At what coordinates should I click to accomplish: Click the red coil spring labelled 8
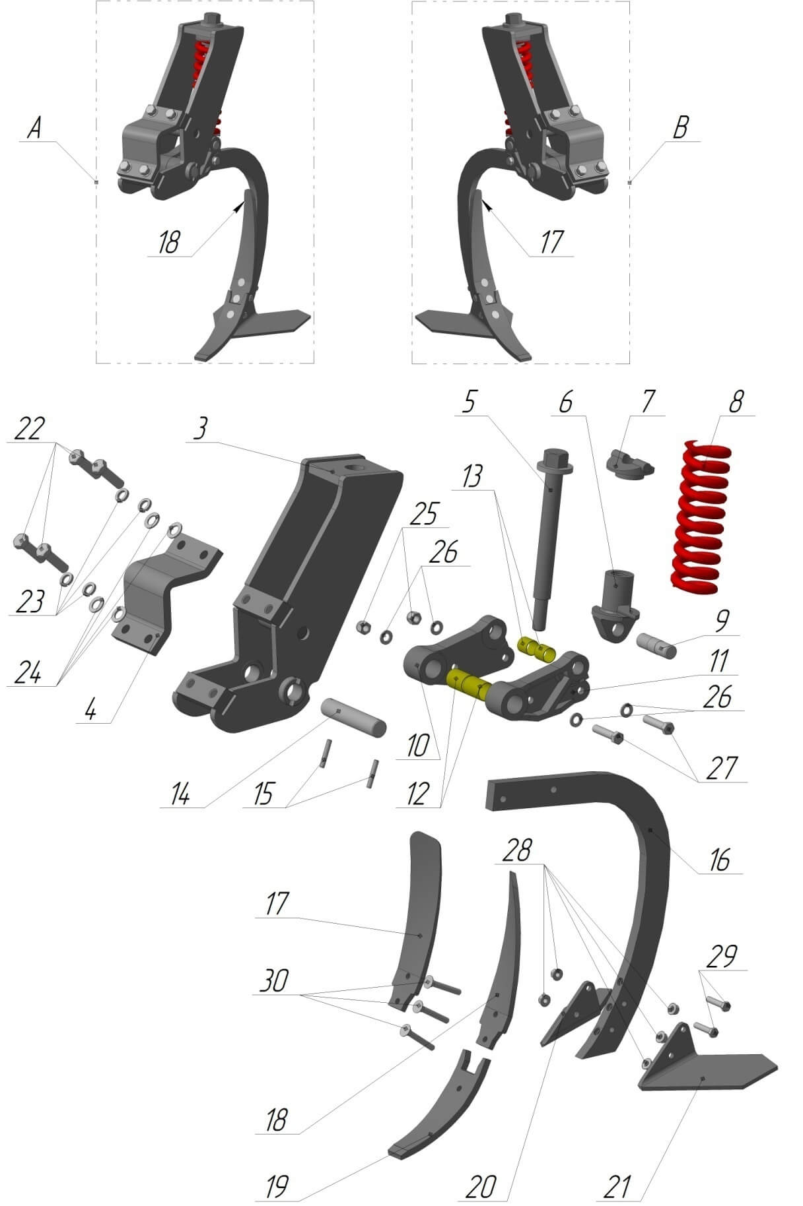pyautogui.click(x=701, y=515)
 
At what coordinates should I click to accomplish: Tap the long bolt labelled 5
pyautogui.click(x=553, y=538)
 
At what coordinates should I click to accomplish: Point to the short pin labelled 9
pyautogui.click(x=657, y=645)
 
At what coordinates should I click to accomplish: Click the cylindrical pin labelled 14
pyautogui.click(x=353, y=717)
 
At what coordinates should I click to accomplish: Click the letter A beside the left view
pyautogui.click(x=34, y=128)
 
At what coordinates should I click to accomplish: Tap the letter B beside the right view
pyautogui.click(x=680, y=128)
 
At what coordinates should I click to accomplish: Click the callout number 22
pyautogui.click(x=30, y=428)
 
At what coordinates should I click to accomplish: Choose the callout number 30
pyautogui.click(x=274, y=980)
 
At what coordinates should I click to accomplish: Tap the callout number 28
pyautogui.click(x=516, y=850)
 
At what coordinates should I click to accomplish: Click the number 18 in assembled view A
pyautogui.click(x=168, y=242)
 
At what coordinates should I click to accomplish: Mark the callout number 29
pyautogui.click(x=721, y=956)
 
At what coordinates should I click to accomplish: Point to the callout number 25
pyautogui.click(x=424, y=514)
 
